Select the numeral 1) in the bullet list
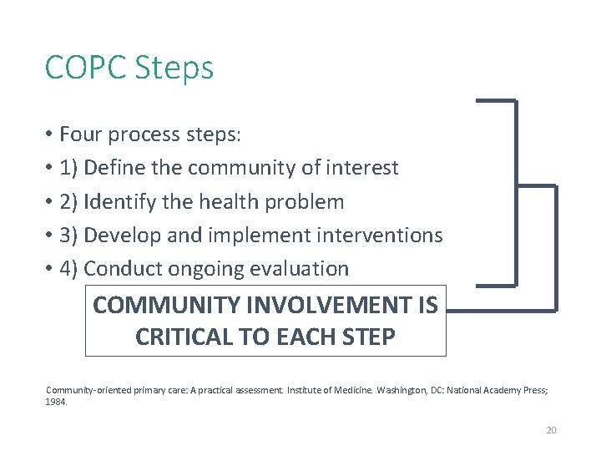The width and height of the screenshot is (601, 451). (x=69, y=169)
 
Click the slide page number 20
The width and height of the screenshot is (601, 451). (x=551, y=430)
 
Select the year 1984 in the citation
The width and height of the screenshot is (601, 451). (x=55, y=402)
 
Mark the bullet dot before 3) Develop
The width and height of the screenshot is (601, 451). (x=50, y=236)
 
